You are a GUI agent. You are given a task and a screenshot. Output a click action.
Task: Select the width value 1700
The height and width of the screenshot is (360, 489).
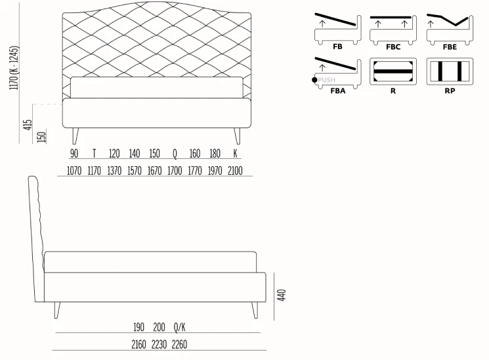175,171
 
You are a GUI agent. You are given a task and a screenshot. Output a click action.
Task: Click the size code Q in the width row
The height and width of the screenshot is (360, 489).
175,154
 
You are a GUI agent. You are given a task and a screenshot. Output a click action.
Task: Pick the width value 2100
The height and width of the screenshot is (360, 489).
235,171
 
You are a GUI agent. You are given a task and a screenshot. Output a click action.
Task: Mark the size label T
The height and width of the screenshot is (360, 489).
94,154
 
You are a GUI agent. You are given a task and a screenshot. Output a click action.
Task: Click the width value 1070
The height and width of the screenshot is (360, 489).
74,171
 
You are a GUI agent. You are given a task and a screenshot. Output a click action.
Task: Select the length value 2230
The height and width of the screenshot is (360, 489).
159,344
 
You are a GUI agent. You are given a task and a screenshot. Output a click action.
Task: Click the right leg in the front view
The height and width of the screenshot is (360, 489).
238,135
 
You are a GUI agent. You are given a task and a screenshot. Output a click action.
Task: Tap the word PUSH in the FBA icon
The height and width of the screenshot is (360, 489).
326,80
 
